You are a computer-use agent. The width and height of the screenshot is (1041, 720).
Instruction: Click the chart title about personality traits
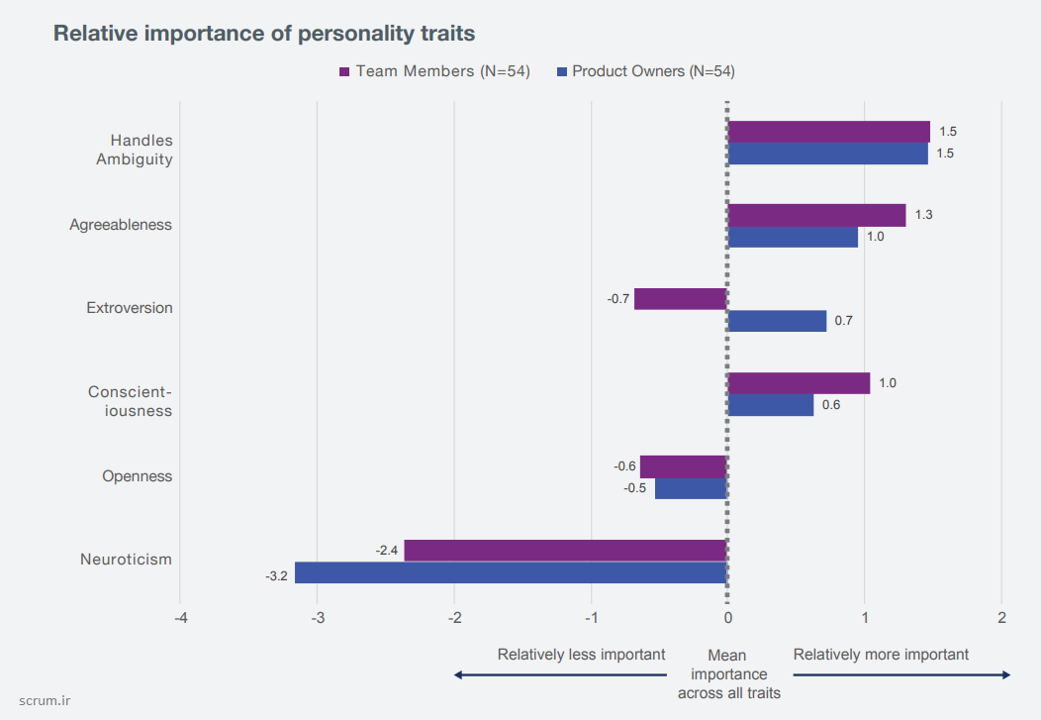pyautogui.click(x=264, y=34)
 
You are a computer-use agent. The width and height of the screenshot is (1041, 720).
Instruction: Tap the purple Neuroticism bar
pyautogui.click(x=565, y=551)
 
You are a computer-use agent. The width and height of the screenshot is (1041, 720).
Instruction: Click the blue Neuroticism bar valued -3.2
pyautogui.click(x=511, y=572)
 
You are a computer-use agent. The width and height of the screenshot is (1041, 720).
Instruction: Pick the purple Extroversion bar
pyautogui.click(x=681, y=299)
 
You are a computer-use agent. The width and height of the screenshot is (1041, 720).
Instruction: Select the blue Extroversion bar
pyautogui.click(x=777, y=321)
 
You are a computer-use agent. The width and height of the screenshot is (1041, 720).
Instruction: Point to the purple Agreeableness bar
pyautogui.click(x=816, y=215)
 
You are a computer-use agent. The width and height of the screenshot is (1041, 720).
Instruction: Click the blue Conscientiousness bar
pyautogui.click(x=771, y=405)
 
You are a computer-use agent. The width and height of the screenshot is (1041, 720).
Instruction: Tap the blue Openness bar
pyautogui.click(x=691, y=488)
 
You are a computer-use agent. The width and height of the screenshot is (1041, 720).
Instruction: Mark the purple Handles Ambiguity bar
pyautogui.click(x=828, y=132)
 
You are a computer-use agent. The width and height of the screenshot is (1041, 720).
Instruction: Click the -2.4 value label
pyautogui.click(x=387, y=551)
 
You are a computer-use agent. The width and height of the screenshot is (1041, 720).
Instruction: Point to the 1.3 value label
pyautogui.click(x=923, y=215)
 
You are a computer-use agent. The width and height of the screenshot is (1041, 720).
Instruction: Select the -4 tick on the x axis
pyautogui.click(x=180, y=618)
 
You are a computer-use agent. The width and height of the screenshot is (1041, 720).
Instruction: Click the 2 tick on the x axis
pyautogui.click(x=1002, y=618)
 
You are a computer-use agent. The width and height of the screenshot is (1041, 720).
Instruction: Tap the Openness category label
pyautogui.click(x=137, y=476)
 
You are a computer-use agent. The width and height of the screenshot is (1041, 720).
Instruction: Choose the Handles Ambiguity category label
pyautogui.click(x=134, y=150)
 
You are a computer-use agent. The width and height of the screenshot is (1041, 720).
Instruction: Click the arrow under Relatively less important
pyautogui.click(x=560, y=675)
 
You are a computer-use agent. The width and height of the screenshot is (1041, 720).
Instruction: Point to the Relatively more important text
pyautogui.click(x=881, y=655)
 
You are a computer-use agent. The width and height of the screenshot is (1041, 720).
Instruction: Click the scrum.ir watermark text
pyautogui.click(x=46, y=700)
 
